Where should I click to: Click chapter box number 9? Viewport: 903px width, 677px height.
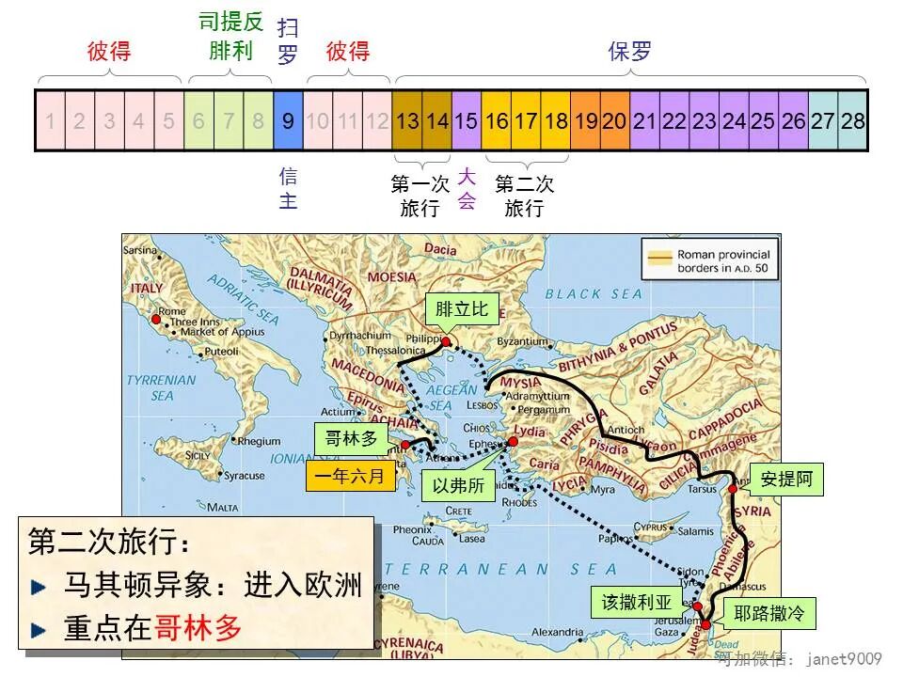(x=288, y=120)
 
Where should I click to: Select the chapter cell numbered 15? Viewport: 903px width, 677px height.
(x=466, y=120)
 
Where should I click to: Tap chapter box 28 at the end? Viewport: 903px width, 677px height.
(x=852, y=120)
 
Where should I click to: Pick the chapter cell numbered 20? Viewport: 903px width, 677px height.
(x=614, y=120)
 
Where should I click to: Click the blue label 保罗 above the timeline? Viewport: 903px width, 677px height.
(x=629, y=51)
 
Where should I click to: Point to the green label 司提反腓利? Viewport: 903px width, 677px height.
(x=230, y=35)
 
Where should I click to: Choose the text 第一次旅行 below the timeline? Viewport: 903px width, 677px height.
(x=420, y=197)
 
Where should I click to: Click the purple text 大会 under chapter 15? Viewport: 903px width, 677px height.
(x=467, y=188)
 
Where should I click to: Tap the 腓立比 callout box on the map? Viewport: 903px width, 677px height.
(x=461, y=309)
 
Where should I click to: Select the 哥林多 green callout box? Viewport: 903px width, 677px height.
(x=351, y=438)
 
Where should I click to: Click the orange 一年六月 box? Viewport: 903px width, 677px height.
(x=349, y=477)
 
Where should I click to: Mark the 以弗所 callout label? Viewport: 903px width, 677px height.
(x=458, y=485)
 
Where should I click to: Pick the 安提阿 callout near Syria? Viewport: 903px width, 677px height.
(x=786, y=480)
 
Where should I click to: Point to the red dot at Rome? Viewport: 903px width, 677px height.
(x=156, y=320)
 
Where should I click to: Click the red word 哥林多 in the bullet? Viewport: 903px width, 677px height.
(x=198, y=627)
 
